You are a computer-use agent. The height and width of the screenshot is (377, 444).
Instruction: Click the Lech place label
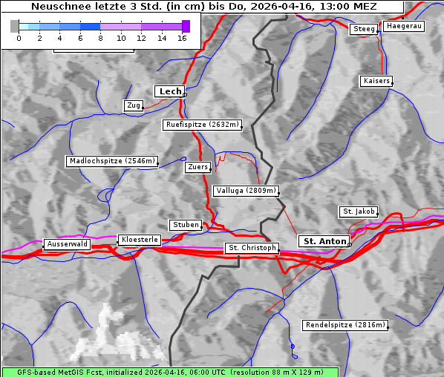click(x=170, y=91)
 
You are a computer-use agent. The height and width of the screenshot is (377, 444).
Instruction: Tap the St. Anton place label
click(x=324, y=241)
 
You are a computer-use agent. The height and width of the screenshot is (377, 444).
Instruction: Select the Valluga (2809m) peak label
click(x=245, y=191)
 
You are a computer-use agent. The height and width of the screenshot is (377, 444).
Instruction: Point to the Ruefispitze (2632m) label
click(x=203, y=125)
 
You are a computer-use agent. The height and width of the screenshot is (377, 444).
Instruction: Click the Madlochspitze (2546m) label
click(x=112, y=161)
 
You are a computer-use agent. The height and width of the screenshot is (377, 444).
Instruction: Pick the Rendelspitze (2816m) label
click(x=346, y=325)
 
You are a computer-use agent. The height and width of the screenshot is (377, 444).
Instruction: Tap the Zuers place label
click(x=197, y=167)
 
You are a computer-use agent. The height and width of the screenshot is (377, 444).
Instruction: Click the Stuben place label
click(x=186, y=225)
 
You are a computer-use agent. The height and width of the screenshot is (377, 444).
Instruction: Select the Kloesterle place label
click(x=139, y=240)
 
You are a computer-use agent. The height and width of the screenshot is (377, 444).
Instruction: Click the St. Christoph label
click(x=252, y=248)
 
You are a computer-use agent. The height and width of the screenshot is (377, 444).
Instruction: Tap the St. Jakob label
click(x=359, y=212)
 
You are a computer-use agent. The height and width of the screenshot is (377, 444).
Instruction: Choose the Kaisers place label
click(x=376, y=80)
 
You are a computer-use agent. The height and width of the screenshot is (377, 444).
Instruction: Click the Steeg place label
click(x=365, y=29)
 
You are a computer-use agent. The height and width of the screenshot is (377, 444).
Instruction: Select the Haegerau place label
click(x=404, y=26)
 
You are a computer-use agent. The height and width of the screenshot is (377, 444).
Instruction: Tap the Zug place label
click(x=134, y=105)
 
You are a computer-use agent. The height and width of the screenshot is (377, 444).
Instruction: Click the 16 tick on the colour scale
click(x=182, y=38)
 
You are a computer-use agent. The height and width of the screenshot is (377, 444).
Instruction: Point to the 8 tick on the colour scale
click(x=100, y=38)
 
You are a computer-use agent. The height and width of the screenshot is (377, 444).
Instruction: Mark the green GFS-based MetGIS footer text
click(x=169, y=371)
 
